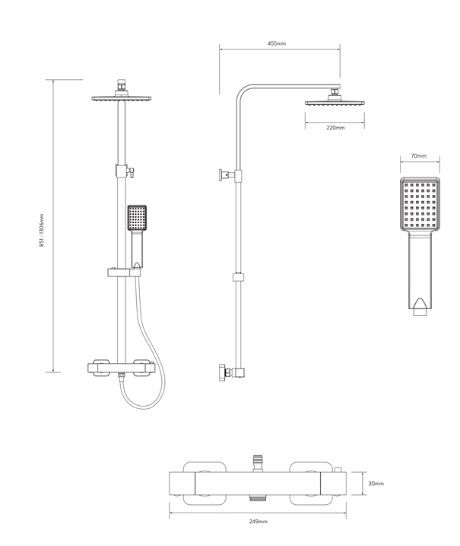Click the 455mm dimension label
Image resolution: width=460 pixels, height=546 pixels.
[x=277, y=43]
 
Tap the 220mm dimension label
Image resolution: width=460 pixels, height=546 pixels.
[x=335, y=128]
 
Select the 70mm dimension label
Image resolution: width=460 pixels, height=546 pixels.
[x=419, y=155]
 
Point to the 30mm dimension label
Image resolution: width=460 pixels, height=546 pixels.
[x=376, y=484]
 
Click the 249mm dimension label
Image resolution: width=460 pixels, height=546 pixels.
[x=259, y=522]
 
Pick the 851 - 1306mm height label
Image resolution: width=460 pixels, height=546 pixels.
[x=42, y=230]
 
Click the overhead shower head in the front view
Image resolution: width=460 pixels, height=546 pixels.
[x=122, y=98]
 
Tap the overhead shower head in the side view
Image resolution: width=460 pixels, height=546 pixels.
[x=335, y=102]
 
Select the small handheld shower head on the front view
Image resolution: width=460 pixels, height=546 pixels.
[x=137, y=218]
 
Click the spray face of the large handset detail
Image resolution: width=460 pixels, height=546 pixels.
[x=420, y=203]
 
